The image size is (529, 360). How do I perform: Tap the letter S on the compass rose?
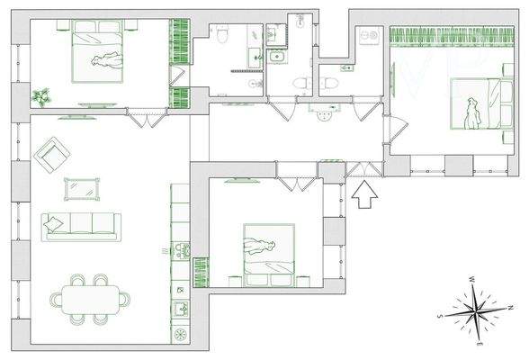tap(439, 317)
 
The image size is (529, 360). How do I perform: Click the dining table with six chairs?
tap(90, 297)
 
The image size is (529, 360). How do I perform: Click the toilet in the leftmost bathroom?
tap(220, 32)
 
